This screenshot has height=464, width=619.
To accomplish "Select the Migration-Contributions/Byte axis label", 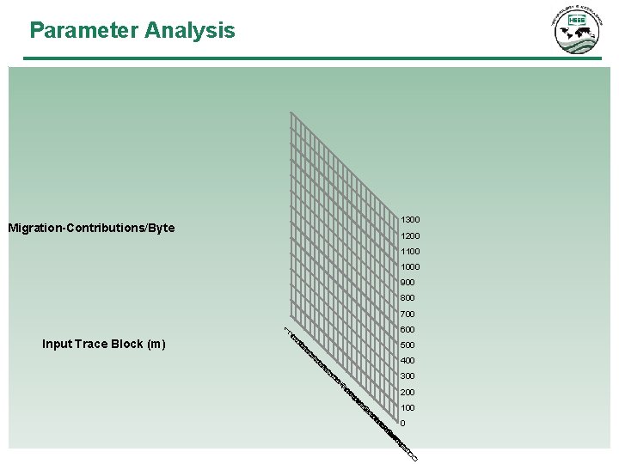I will [91, 228].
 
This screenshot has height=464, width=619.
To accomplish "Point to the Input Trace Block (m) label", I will [104, 344].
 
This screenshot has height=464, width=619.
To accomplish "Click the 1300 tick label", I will [410, 220].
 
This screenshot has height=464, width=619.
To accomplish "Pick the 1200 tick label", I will [410, 235].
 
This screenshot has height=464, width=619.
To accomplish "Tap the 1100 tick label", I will [410, 251].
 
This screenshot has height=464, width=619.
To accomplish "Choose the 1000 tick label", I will [410, 266].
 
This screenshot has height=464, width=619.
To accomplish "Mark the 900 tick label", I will [408, 282].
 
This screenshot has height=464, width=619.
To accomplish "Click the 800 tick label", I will [408, 298].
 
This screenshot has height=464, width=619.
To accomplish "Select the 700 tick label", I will [408, 314].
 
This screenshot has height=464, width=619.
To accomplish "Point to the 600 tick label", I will [408, 329].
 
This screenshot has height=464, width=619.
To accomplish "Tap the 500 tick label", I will [408, 345].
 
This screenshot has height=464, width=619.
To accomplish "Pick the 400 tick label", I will [408, 360].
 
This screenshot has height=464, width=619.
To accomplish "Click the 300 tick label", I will [408, 375].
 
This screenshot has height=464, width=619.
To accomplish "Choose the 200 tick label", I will [408, 392].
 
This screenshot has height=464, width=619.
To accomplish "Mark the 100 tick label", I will [408, 407].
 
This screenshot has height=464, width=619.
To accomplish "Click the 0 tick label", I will [403, 423].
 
